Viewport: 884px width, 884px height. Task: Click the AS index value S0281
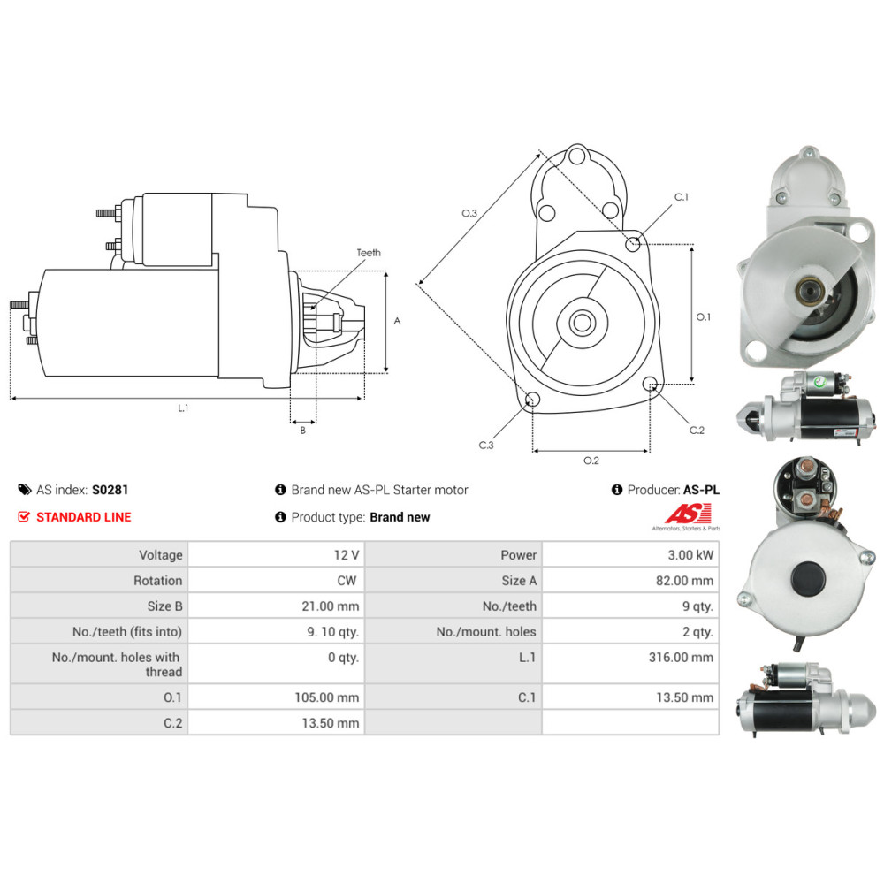110,490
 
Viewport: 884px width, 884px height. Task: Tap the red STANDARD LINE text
83,517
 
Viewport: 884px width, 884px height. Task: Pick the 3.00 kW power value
690,555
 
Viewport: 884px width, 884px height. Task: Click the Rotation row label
158,581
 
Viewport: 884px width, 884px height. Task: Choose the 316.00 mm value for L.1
681,658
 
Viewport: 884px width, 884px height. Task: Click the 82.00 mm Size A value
684,581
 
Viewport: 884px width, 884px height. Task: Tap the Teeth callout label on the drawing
369,253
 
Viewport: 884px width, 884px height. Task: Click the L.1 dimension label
183,408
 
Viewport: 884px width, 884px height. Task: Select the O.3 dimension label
469,213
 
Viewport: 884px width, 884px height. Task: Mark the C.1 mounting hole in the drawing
633,244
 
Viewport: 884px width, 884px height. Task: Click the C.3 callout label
486,445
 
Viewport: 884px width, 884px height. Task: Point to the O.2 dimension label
591,461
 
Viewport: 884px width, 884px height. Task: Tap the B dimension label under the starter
302,431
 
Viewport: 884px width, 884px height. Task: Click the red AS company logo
688,514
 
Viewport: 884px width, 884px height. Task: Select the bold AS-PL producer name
701,490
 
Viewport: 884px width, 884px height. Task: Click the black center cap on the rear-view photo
808,578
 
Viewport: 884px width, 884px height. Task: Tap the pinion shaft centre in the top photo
810,292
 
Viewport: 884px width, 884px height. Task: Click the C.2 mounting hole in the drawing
650,384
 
